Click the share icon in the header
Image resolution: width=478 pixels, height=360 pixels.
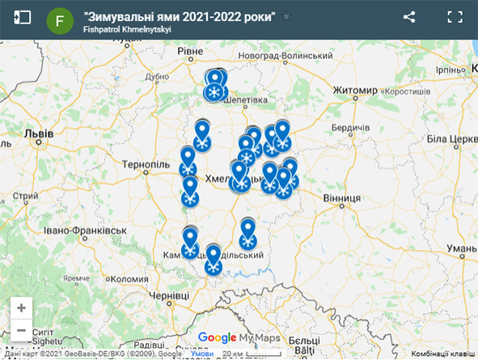409,17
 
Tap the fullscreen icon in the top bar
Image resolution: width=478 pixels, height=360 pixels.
455,17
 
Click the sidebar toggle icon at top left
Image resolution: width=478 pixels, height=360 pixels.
22,17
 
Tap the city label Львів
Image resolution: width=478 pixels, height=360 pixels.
39,133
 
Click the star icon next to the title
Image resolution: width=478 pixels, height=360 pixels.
286,16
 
